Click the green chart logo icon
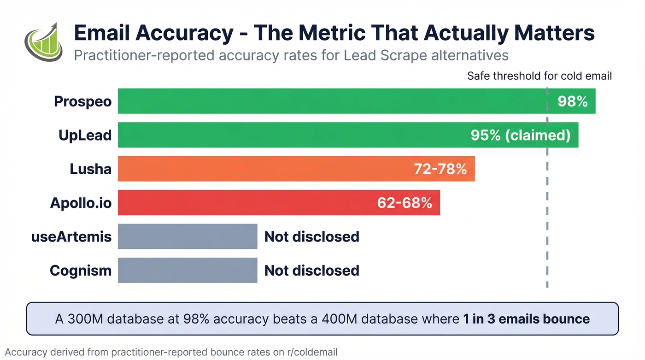click(43, 42)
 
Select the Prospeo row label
click(82, 101)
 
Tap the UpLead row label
click(85, 135)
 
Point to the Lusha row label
click(90, 169)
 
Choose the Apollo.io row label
click(81, 203)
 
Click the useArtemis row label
click(71, 236)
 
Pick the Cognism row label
click(81, 270)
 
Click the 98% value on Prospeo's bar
click(572, 101)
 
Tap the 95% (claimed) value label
click(520, 135)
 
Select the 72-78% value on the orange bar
click(440, 169)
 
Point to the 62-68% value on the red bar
click(405, 203)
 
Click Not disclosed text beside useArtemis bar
click(311, 236)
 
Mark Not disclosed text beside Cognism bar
click(311, 270)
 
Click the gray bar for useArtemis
click(187, 236)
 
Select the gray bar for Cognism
click(187, 270)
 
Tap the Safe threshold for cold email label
click(539, 76)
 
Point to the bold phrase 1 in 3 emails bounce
click(526, 319)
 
